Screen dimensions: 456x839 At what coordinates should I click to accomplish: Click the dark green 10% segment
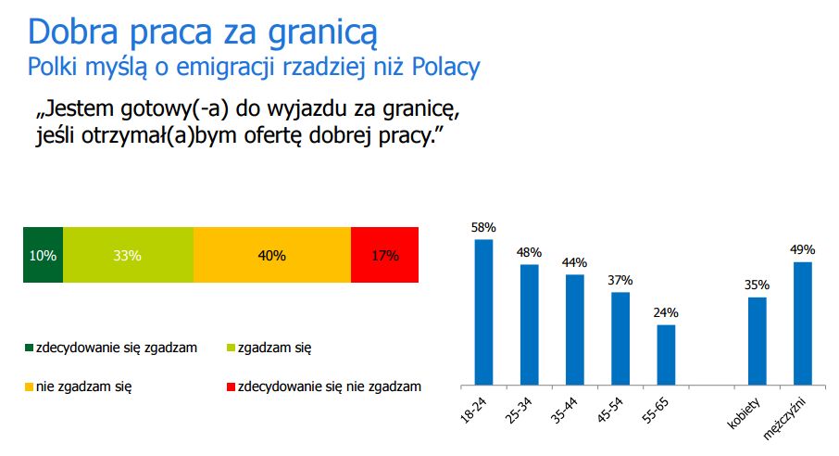pyautogui.click(x=43, y=255)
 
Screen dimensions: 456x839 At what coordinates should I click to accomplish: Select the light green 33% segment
pyautogui.click(x=128, y=255)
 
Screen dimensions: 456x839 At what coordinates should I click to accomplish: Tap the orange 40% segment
pyautogui.click(x=272, y=255)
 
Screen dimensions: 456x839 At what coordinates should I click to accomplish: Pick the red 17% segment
pyautogui.click(x=384, y=255)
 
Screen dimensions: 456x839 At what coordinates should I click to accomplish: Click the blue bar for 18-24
pyautogui.click(x=484, y=311)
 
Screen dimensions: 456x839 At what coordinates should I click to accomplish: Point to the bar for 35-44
pyautogui.click(x=575, y=329)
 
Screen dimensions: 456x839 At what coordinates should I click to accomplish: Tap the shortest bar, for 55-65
pyautogui.click(x=666, y=354)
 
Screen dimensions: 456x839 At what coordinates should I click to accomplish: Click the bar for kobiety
pyautogui.click(x=757, y=340)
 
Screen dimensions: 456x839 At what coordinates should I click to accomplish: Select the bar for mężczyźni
pyautogui.click(x=802, y=323)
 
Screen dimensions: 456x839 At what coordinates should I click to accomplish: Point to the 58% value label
pyautogui.click(x=484, y=227)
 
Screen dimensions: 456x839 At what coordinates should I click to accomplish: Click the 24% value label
pyautogui.click(x=666, y=312)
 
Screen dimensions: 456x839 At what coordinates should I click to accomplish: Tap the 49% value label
pyautogui.click(x=802, y=249)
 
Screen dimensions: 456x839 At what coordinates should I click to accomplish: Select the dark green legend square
pyautogui.click(x=28, y=348)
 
